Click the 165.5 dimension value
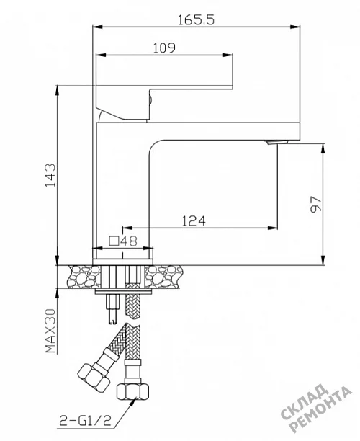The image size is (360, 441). pos(196,19)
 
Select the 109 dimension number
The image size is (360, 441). pos(164,48)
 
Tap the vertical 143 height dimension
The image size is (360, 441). pos(50,175)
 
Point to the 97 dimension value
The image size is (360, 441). pos(315,204)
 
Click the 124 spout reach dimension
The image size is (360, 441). pos(194,220)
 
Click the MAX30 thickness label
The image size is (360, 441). pos(50,331)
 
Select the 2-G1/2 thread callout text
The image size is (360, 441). pos(86,421)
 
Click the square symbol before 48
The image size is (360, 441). pos(114,241)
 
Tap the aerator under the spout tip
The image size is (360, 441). pos(276,142)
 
